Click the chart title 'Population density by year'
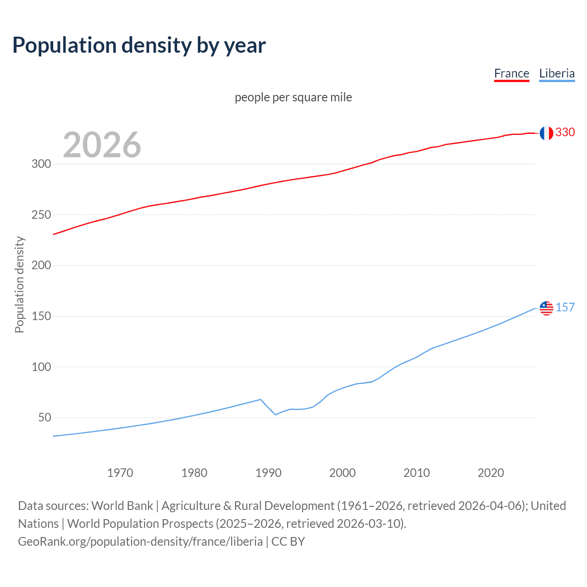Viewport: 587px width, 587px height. pyautogui.click(x=139, y=45)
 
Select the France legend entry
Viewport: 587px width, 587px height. pyautogui.click(x=511, y=74)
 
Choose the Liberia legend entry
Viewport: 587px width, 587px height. pyautogui.click(x=557, y=74)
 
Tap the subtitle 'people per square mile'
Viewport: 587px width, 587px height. pyautogui.click(x=293, y=97)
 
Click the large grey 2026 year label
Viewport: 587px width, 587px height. pyautogui.click(x=102, y=145)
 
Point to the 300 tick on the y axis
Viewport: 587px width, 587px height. pyautogui.click(x=41, y=164)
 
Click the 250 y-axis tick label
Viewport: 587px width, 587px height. pyautogui.click(x=41, y=215)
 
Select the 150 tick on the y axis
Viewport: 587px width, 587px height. pyautogui.click(x=41, y=316)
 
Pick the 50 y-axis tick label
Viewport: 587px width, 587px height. pyautogui.click(x=44, y=417)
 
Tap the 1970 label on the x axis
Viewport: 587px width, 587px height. pyautogui.click(x=120, y=473)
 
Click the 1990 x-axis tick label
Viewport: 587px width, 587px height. pyautogui.click(x=268, y=473)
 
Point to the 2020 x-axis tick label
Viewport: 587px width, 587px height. pyautogui.click(x=491, y=473)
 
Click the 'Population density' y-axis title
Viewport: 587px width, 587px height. pyautogui.click(x=19, y=284)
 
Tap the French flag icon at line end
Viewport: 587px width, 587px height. pyautogui.click(x=546, y=133)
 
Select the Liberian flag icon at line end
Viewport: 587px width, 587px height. pyautogui.click(x=546, y=308)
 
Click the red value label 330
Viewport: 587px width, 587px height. pyautogui.click(x=565, y=133)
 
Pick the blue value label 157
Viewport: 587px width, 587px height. pyautogui.click(x=565, y=308)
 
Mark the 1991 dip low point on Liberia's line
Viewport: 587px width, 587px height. pyautogui.click(x=276, y=415)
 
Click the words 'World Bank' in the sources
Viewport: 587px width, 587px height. pyautogui.click(x=122, y=506)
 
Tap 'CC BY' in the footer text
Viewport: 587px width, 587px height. pyautogui.click(x=288, y=542)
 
